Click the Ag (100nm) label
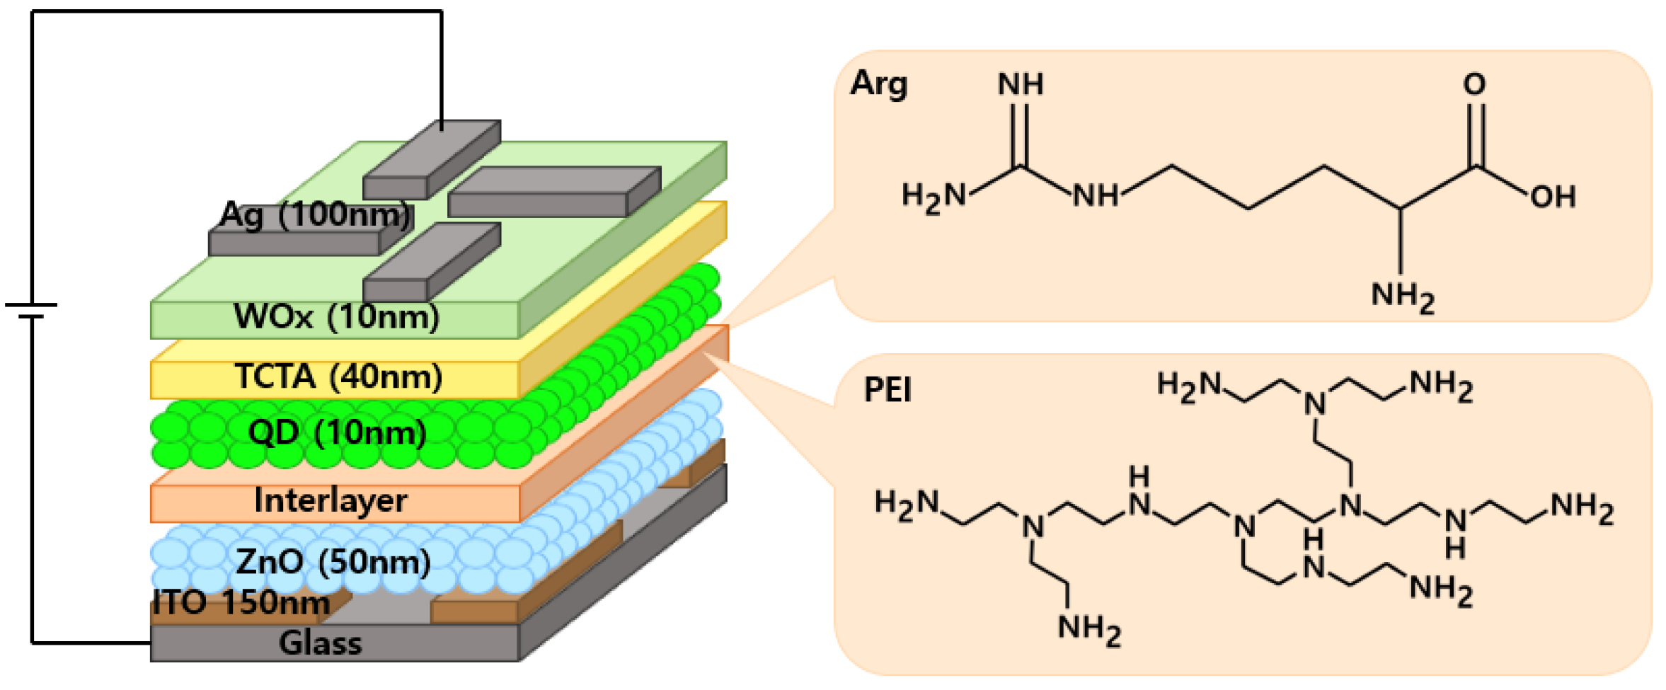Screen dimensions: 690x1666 [315, 214]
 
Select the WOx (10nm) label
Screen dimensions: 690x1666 [336, 316]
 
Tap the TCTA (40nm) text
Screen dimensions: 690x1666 [338, 376]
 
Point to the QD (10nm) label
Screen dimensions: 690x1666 [337, 432]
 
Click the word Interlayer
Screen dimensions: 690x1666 [331, 501]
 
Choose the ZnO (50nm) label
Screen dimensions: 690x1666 [333, 562]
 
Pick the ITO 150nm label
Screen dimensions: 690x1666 [241, 602]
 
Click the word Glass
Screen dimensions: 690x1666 [320, 643]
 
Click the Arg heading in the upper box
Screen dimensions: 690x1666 [878, 84]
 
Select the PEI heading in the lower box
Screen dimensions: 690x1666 [887, 390]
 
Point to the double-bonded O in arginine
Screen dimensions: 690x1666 [1474, 85]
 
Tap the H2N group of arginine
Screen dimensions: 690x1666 [933, 196]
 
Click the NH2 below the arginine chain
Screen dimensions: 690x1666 [1402, 296]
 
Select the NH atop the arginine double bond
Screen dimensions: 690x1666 [1020, 85]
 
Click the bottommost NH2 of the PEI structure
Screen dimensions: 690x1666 [1088, 629]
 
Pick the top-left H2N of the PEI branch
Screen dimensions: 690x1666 [1188, 386]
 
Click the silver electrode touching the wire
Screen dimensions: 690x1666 [432, 159]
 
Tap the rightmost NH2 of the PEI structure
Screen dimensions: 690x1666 [1582, 507]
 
